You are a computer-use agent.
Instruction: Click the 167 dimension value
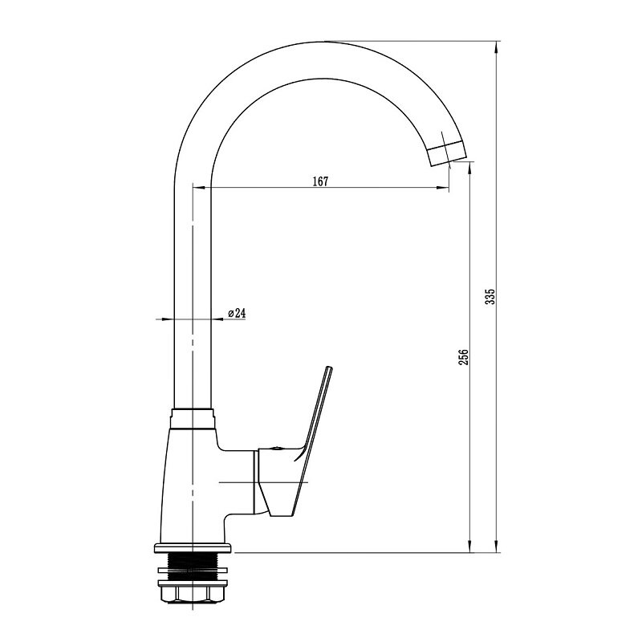tap(320, 181)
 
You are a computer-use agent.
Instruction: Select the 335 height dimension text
tap(490, 296)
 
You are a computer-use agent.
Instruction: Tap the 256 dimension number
tap(463, 357)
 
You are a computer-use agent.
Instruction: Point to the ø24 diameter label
tap(237, 313)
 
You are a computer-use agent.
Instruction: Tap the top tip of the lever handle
tap(329, 368)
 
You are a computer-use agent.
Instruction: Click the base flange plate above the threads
tap(193, 548)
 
